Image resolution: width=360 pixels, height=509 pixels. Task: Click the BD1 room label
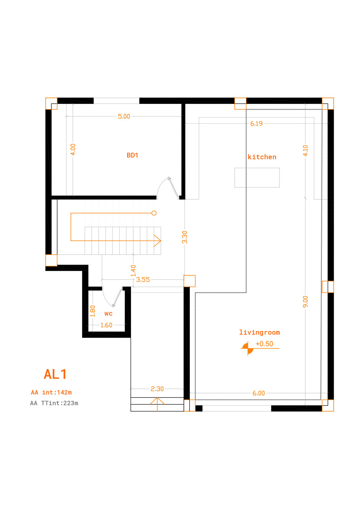pyautogui.click(x=132, y=155)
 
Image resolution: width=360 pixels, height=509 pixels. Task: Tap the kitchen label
pyautogui.click(x=262, y=157)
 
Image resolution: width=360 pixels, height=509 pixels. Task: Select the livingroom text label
pyautogui.click(x=260, y=332)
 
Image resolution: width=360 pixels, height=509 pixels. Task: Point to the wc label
pyautogui.click(x=108, y=314)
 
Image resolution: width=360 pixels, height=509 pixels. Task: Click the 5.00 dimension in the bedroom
pyautogui.click(x=124, y=117)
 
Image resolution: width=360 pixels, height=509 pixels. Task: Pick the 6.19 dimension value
pyautogui.click(x=256, y=124)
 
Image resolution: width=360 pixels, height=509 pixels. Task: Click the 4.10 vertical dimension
pyautogui.click(x=305, y=151)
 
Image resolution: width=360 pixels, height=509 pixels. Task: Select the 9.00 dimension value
pyautogui.click(x=305, y=302)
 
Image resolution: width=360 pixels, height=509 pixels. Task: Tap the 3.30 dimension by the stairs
pyautogui.click(x=185, y=237)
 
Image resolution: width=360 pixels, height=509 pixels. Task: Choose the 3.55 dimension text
pyautogui.click(x=143, y=280)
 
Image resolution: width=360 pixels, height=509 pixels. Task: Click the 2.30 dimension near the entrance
pyautogui.click(x=157, y=389)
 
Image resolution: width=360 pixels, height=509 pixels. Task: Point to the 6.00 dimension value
pyautogui.click(x=258, y=393)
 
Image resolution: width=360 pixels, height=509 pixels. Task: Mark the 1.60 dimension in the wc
pyautogui.click(x=107, y=325)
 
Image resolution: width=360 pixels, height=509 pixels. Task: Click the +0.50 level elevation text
pyautogui.click(x=264, y=344)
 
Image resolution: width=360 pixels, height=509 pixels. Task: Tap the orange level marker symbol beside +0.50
pyautogui.click(x=248, y=348)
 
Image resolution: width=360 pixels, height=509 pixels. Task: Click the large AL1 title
pyautogui.click(x=55, y=374)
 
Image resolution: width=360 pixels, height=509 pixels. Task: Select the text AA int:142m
pyautogui.click(x=51, y=392)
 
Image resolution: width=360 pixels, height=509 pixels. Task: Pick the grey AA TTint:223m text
pyautogui.click(x=54, y=403)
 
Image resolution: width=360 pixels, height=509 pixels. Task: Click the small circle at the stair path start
pyautogui.click(x=154, y=213)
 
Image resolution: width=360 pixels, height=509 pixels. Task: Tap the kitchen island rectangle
pyautogui.click(x=257, y=178)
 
